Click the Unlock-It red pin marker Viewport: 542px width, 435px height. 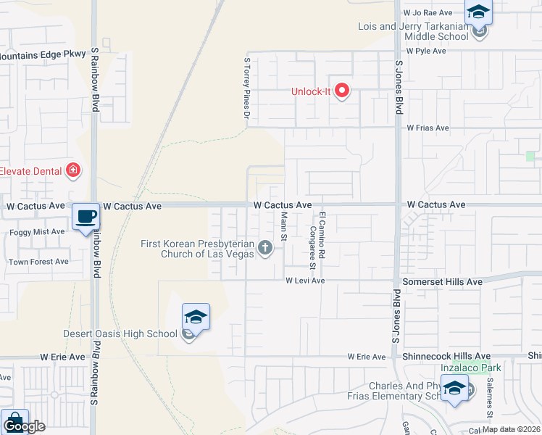coord(341,91)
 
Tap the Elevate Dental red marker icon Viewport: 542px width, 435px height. coord(72,171)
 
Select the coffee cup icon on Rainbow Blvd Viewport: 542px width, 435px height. coord(86,215)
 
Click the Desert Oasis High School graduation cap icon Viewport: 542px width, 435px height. coord(195,317)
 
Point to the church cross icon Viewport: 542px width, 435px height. coord(265,249)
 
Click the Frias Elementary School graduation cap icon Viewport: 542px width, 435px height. coord(455,389)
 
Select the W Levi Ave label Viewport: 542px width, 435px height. coord(304,281)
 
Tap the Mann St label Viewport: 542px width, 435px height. coord(285,228)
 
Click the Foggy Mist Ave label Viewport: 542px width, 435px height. coord(37,232)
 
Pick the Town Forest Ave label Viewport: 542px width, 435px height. coord(38,262)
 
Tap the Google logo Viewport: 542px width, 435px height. coord(24,426)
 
